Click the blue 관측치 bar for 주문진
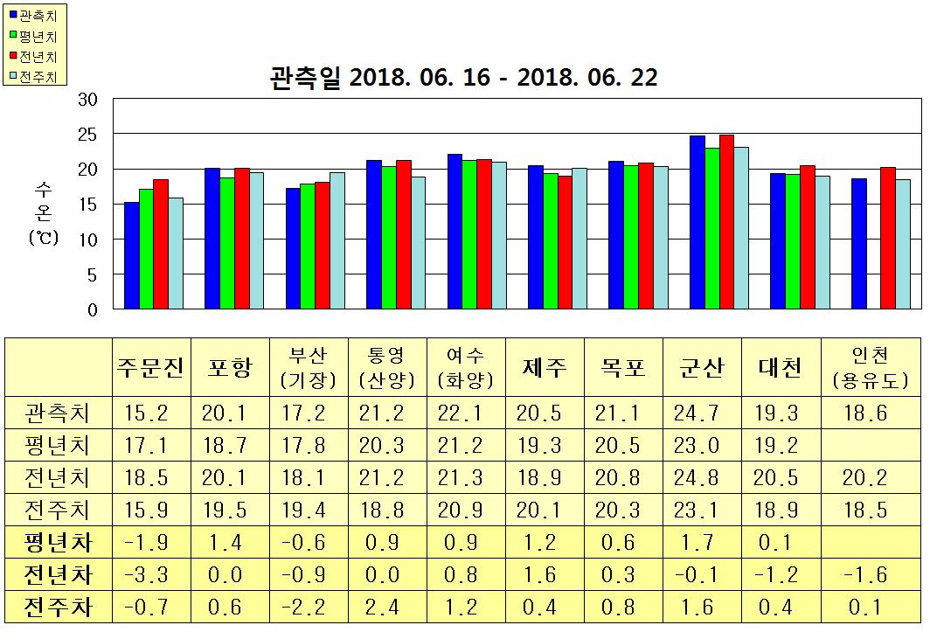[131, 255]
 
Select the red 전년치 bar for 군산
[726, 222]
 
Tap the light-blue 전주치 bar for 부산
[337, 240]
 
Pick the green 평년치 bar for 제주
[551, 241]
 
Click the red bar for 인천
[888, 238]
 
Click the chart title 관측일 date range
[464, 78]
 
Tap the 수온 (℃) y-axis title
[43, 213]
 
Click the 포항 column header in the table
[230, 368]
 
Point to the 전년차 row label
[59, 574]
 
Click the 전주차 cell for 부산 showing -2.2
[309, 606]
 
